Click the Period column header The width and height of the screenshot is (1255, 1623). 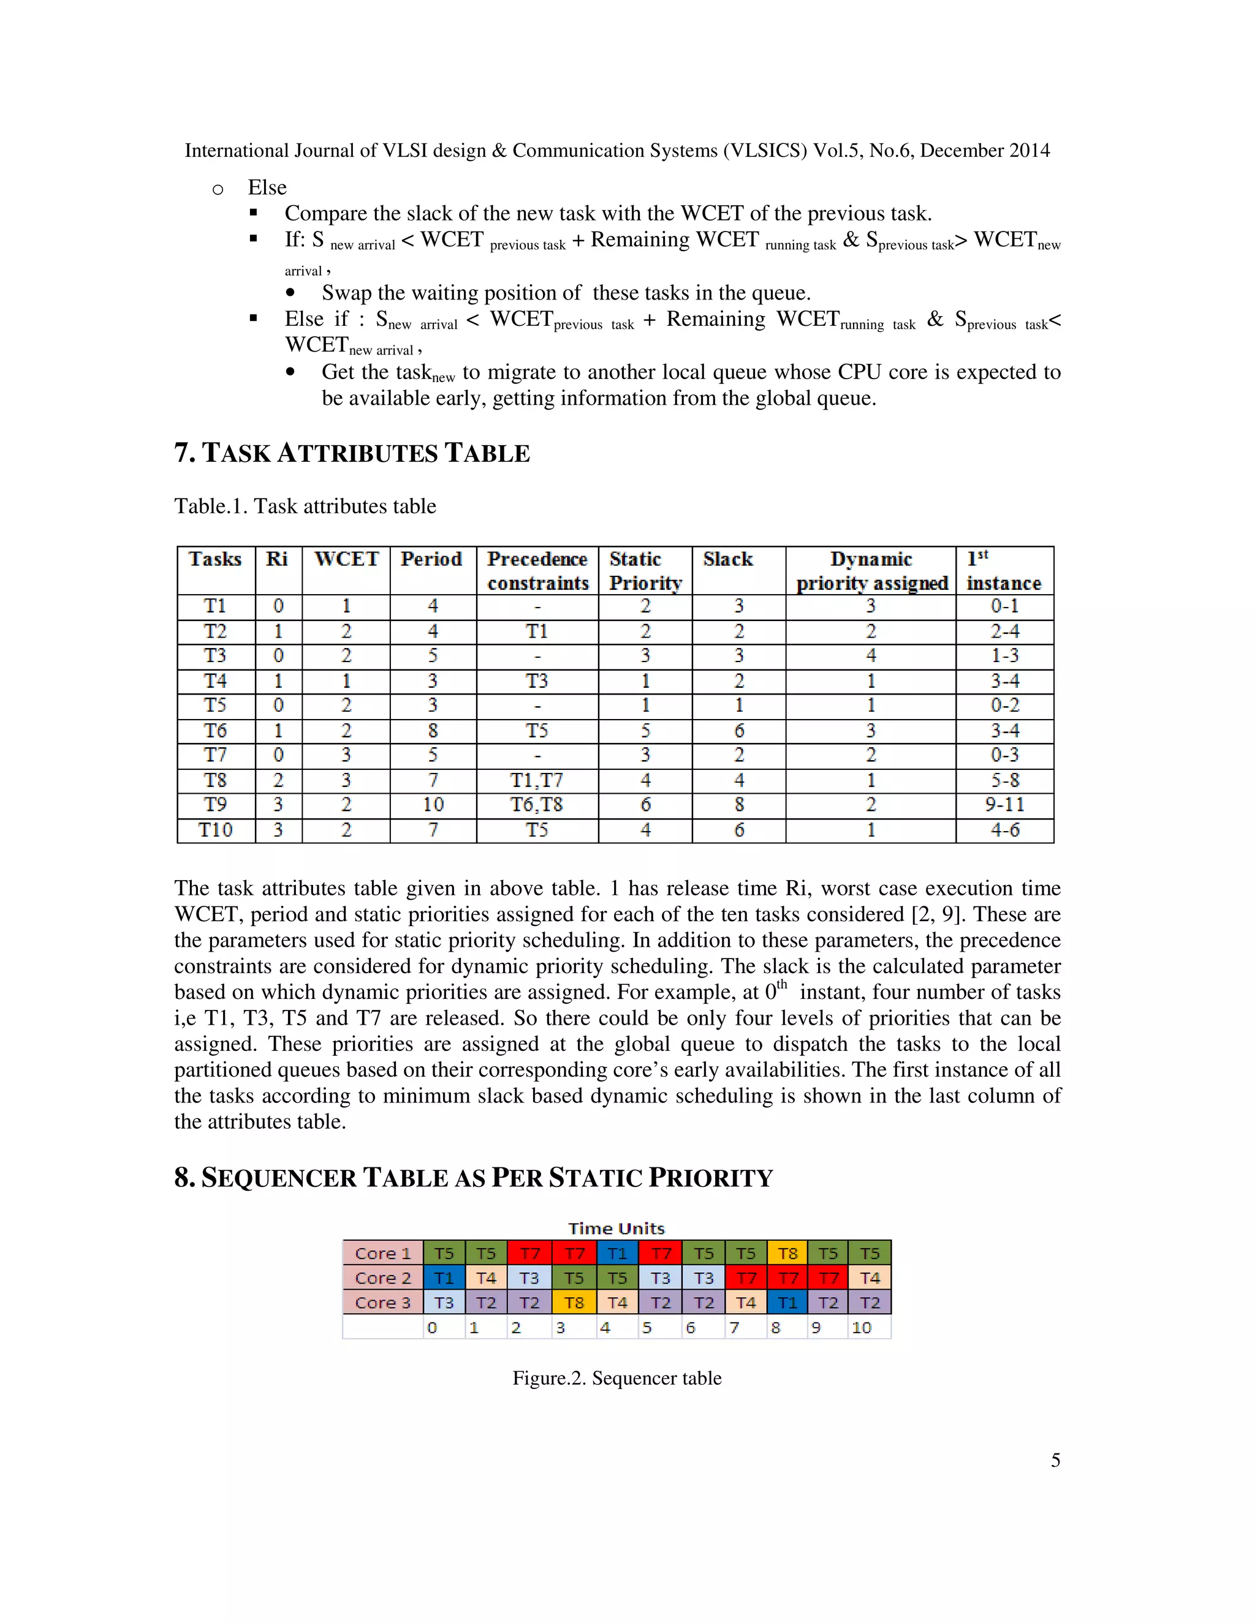click(431, 559)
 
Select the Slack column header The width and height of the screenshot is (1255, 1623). click(728, 559)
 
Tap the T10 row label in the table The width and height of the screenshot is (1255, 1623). click(216, 830)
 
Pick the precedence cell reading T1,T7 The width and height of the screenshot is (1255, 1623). click(537, 780)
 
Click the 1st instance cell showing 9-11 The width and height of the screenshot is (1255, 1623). click(1004, 805)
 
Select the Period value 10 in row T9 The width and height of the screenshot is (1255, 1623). click(433, 805)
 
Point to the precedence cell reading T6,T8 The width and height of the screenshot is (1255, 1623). click(537, 805)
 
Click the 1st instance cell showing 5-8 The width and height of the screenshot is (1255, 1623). click(1004, 780)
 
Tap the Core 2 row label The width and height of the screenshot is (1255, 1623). click(382, 1278)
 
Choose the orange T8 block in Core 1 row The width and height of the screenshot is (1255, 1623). click(787, 1254)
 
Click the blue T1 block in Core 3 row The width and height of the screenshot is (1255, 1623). click(787, 1303)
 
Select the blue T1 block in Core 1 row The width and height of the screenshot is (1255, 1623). click(617, 1254)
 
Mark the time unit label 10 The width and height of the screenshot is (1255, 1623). click(862, 1328)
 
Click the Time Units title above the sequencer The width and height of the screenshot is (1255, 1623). click(616, 1229)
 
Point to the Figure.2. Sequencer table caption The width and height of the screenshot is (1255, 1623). click(616, 1379)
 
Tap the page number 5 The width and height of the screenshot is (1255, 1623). click(1055, 1460)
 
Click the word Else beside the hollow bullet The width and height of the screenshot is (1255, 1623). click(267, 187)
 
